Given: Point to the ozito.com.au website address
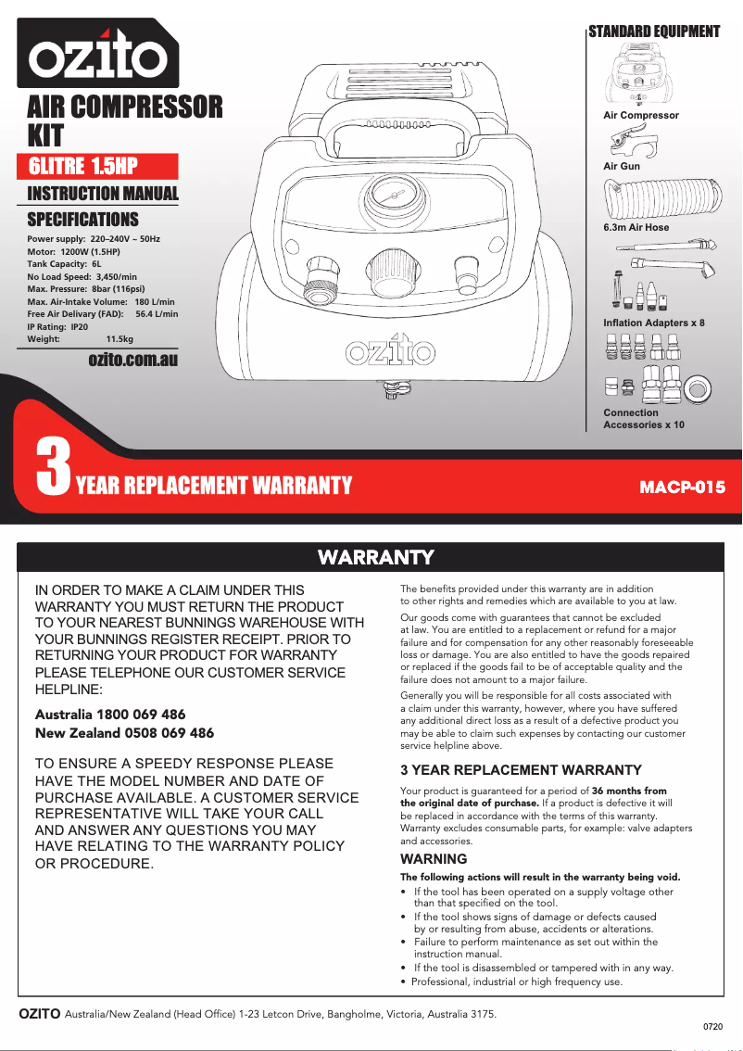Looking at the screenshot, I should (132, 360).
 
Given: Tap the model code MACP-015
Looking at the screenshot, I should (683, 487).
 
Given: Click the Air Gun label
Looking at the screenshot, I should (622, 167).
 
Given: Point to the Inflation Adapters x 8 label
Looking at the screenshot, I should (654, 323).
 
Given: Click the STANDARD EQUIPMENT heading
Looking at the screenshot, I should (654, 32).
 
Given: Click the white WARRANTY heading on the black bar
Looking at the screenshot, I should (375, 557).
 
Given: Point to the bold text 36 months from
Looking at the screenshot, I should (629, 791).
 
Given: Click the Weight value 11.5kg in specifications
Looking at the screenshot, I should (120, 339).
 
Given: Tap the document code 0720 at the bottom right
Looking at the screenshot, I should (712, 1027).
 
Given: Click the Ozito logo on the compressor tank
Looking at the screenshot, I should (391, 352).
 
